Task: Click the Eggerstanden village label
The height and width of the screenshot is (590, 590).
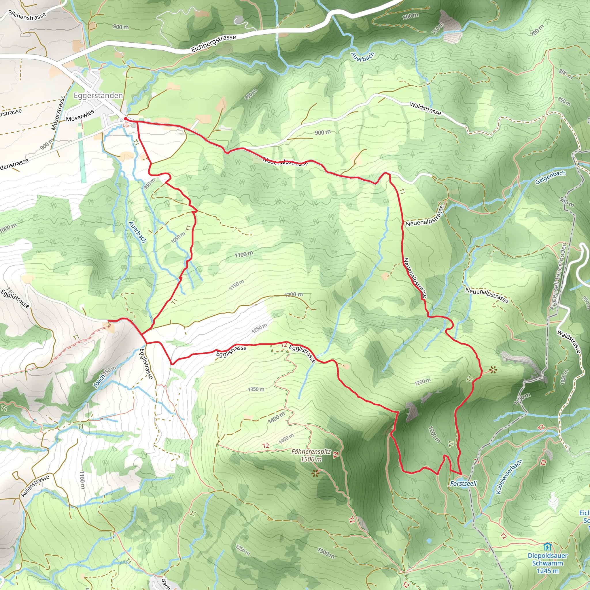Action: [x=98, y=96]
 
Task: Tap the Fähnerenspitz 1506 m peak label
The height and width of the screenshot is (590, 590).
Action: [x=311, y=455]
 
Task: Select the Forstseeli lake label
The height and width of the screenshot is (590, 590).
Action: [x=463, y=483]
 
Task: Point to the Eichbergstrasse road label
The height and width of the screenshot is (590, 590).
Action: [x=213, y=44]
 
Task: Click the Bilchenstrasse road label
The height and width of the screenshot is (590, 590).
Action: [x=27, y=16]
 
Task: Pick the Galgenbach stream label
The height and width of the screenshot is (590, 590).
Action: [x=550, y=177]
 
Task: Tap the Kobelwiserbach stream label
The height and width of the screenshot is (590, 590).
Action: [x=508, y=477]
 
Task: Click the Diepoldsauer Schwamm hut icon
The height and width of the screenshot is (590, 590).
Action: [x=548, y=546]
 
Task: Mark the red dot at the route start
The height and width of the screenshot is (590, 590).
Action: [x=126, y=118]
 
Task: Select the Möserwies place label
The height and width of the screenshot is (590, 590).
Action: [x=80, y=116]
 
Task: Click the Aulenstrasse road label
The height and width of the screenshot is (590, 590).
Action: [x=35, y=486]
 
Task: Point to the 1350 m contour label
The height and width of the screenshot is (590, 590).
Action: [x=256, y=389]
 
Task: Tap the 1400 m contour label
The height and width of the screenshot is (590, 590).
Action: [x=276, y=417]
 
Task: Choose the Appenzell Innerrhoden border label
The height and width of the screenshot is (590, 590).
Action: [x=558, y=277]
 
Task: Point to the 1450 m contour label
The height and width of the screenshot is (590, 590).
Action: [x=286, y=439]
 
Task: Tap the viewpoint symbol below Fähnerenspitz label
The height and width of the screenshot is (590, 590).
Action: [x=315, y=474]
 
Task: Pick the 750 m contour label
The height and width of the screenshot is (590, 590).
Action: [x=438, y=29]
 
